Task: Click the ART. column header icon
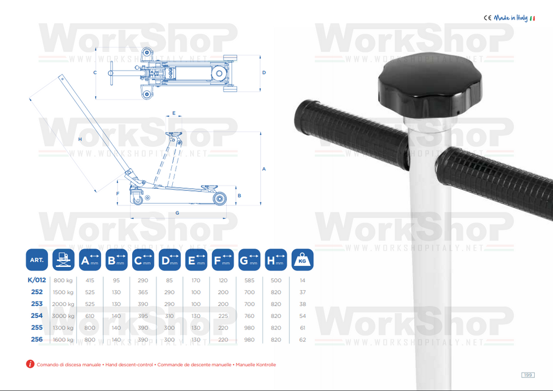tap(37, 259)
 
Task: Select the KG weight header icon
tap(302, 259)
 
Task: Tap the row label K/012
tap(37, 280)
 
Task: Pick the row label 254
tap(37, 315)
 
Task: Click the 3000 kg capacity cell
tap(63, 316)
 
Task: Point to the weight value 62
tap(302, 340)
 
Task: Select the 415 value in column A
tap(90, 280)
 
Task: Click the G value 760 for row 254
tap(249, 316)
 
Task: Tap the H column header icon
tap(276, 259)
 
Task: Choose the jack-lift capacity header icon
tap(64, 259)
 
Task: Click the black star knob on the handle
tap(429, 87)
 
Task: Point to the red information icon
tap(30, 364)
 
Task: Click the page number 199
tap(528, 375)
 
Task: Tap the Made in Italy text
tap(511, 18)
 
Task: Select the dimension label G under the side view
tap(177, 213)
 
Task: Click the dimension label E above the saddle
tap(174, 113)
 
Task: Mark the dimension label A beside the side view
tap(264, 169)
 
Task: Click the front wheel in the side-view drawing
tap(219, 198)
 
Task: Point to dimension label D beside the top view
tap(264, 73)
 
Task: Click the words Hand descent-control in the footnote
tap(129, 365)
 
